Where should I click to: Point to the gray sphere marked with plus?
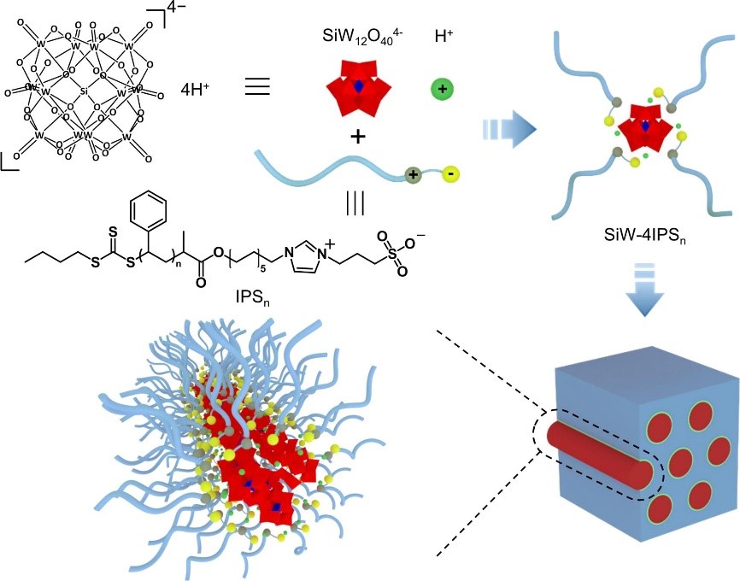(415, 174)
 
